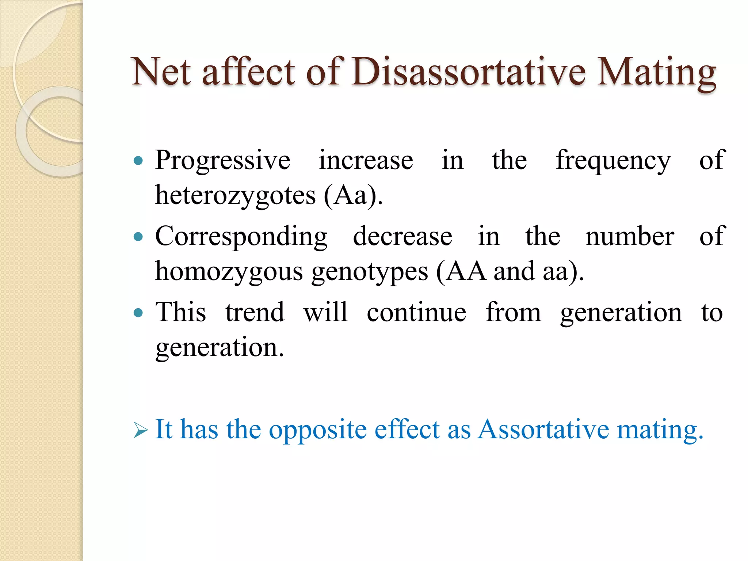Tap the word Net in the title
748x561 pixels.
(x=161, y=72)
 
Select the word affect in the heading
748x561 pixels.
(x=248, y=72)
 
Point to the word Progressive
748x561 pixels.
(x=222, y=161)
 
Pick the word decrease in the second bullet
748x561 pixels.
(x=402, y=236)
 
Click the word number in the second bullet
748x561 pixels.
(x=630, y=236)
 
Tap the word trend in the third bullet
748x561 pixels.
(x=255, y=313)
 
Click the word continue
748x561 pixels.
(x=416, y=313)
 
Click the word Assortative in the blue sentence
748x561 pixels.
(x=543, y=429)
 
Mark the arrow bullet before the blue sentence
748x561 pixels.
(x=141, y=430)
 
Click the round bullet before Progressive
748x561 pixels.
(x=138, y=160)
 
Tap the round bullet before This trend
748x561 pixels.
(x=138, y=313)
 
